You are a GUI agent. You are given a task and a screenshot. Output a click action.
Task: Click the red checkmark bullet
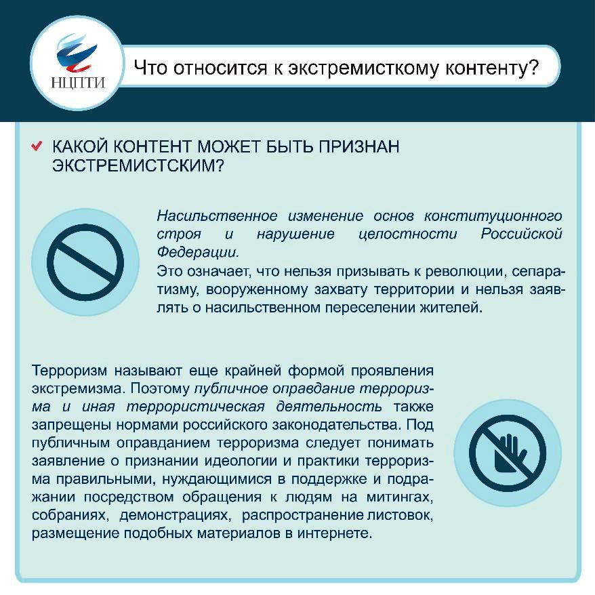pos(37,146)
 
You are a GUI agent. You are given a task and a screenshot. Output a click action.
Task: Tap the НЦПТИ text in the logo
pos(78,83)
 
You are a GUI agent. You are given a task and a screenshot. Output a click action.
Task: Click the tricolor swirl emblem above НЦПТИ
pos(77,54)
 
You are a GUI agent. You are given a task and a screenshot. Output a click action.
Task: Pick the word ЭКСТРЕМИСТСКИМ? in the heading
pos(138,165)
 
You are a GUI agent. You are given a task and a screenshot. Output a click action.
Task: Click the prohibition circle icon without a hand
pos(85,262)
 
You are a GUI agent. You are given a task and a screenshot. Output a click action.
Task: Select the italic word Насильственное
pos(217,216)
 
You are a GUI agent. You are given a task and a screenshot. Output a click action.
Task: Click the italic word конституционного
pos(493,216)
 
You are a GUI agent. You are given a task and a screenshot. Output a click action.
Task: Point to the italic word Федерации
pos(198,251)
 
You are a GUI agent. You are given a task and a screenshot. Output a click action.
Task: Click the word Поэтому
pos(160,388)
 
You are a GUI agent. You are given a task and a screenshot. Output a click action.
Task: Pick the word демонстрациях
pos(175,515)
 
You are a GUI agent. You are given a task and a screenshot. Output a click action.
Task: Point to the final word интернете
pos(334,533)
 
